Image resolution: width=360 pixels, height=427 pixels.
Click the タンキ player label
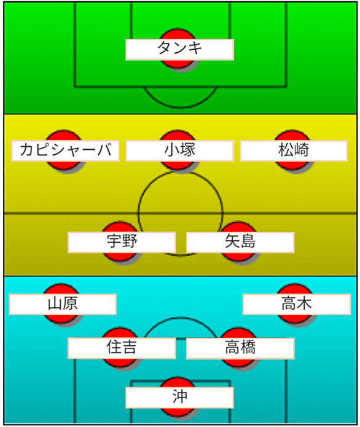tap(179, 50)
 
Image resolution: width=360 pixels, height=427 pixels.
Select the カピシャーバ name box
tap(65, 151)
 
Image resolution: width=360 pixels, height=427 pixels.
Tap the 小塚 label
tap(179, 151)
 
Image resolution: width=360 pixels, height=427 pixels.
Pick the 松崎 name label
tap(294, 151)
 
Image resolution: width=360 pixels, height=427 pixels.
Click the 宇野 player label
tap(122, 242)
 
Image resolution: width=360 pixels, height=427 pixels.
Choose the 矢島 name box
tap(240, 242)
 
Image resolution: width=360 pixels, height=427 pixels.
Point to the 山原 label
tap(63, 304)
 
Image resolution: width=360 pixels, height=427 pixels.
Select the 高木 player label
tap(297, 304)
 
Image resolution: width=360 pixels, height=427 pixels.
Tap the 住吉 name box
tap(122, 348)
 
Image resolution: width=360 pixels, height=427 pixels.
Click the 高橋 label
tap(240, 348)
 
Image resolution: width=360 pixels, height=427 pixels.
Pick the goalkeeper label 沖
tap(179, 398)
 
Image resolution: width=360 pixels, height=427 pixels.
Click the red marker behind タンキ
tap(178, 49)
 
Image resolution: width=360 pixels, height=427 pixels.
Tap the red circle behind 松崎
tap(292, 150)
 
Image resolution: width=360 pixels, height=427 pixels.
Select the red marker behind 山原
tap(61, 304)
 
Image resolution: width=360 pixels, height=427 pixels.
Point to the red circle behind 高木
tap(295, 304)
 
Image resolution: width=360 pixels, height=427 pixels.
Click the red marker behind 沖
tap(178, 397)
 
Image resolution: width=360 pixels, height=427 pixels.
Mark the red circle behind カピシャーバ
tap(64, 150)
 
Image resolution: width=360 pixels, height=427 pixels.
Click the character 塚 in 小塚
tap(187, 150)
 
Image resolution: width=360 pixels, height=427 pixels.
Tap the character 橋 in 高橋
tap(248, 347)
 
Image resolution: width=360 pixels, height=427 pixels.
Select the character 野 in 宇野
tap(130, 241)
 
